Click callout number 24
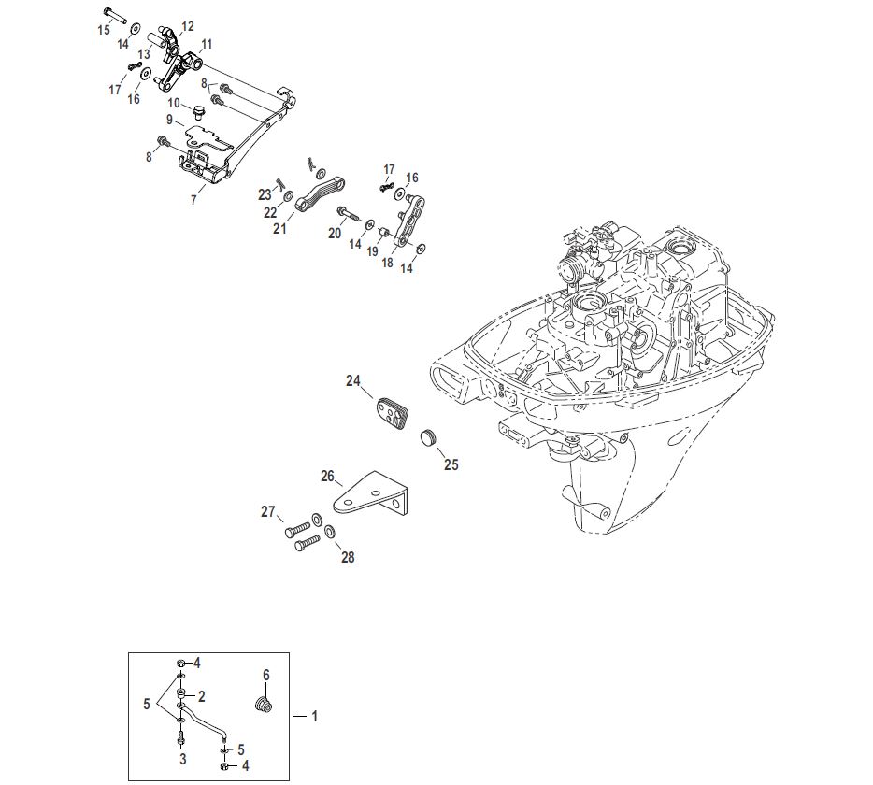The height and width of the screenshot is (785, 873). pyautogui.click(x=353, y=380)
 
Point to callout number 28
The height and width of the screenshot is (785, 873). pyautogui.click(x=348, y=557)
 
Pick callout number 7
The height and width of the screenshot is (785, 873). pyautogui.click(x=193, y=200)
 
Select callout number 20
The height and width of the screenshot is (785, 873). pyautogui.click(x=334, y=234)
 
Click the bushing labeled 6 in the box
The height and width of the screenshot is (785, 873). pyautogui.click(x=264, y=704)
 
